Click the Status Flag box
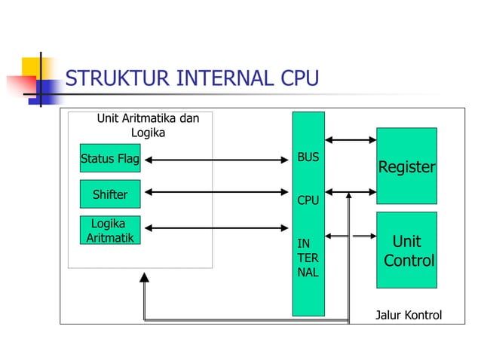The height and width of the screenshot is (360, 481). tap(109, 159)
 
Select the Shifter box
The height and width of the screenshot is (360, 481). tap(109, 195)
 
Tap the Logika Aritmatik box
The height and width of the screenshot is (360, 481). tap(109, 230)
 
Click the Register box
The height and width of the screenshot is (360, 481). tap(406, 166)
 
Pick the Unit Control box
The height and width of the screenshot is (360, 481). tap(406, 250)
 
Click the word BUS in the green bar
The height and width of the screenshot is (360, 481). tap(308, 157)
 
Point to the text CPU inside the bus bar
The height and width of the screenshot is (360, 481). tap(308, 201)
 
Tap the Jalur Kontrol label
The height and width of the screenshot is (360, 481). tap(408, 315)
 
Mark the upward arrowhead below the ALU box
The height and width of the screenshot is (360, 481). tap(144, 277)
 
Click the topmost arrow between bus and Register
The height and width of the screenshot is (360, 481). tap(351, 139)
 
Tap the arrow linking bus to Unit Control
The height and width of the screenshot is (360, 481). tap(351, 236)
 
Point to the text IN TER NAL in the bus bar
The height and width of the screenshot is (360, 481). tap(308, 258)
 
